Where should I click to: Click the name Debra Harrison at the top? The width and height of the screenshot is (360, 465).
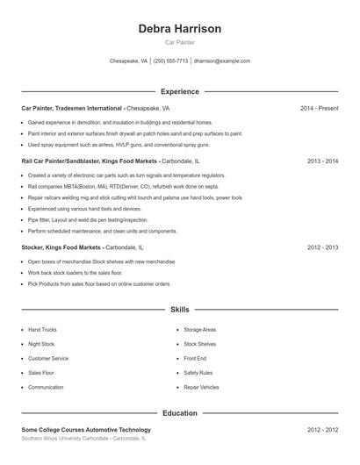180,29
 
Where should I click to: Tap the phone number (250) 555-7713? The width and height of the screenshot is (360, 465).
171,61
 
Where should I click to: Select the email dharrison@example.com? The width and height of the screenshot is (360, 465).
222,61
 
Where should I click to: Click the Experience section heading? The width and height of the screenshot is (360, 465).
180,91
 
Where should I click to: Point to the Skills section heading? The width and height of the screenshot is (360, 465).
180,310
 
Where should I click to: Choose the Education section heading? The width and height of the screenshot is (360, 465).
180,412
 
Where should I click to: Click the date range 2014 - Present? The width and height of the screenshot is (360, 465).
319,108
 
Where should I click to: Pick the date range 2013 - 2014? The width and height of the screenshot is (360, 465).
322,161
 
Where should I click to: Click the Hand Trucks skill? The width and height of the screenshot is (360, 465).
42,330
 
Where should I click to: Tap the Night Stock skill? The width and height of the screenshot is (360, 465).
40,344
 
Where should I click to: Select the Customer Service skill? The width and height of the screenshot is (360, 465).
47,358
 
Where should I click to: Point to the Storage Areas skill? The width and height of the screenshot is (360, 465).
199,330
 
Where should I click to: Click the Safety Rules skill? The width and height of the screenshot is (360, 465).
198,373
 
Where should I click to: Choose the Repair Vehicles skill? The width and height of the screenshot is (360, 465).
201,387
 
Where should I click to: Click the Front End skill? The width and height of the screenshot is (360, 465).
195,358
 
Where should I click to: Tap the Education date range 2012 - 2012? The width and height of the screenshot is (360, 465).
322,430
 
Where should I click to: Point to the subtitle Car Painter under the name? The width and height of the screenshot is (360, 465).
180,42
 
